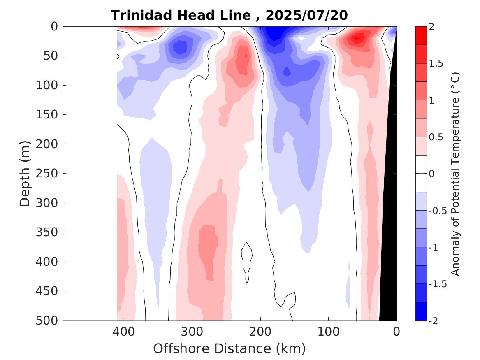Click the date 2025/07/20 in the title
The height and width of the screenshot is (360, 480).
point(306,15)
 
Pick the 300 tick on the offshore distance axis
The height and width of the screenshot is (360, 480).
point(192,331)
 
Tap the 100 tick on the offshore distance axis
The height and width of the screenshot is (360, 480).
point(328,331)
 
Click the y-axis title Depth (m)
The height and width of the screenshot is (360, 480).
point(25,173)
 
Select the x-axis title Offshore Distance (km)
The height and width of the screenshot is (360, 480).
point(230,348)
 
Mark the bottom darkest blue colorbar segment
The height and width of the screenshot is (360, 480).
point(421,311)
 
